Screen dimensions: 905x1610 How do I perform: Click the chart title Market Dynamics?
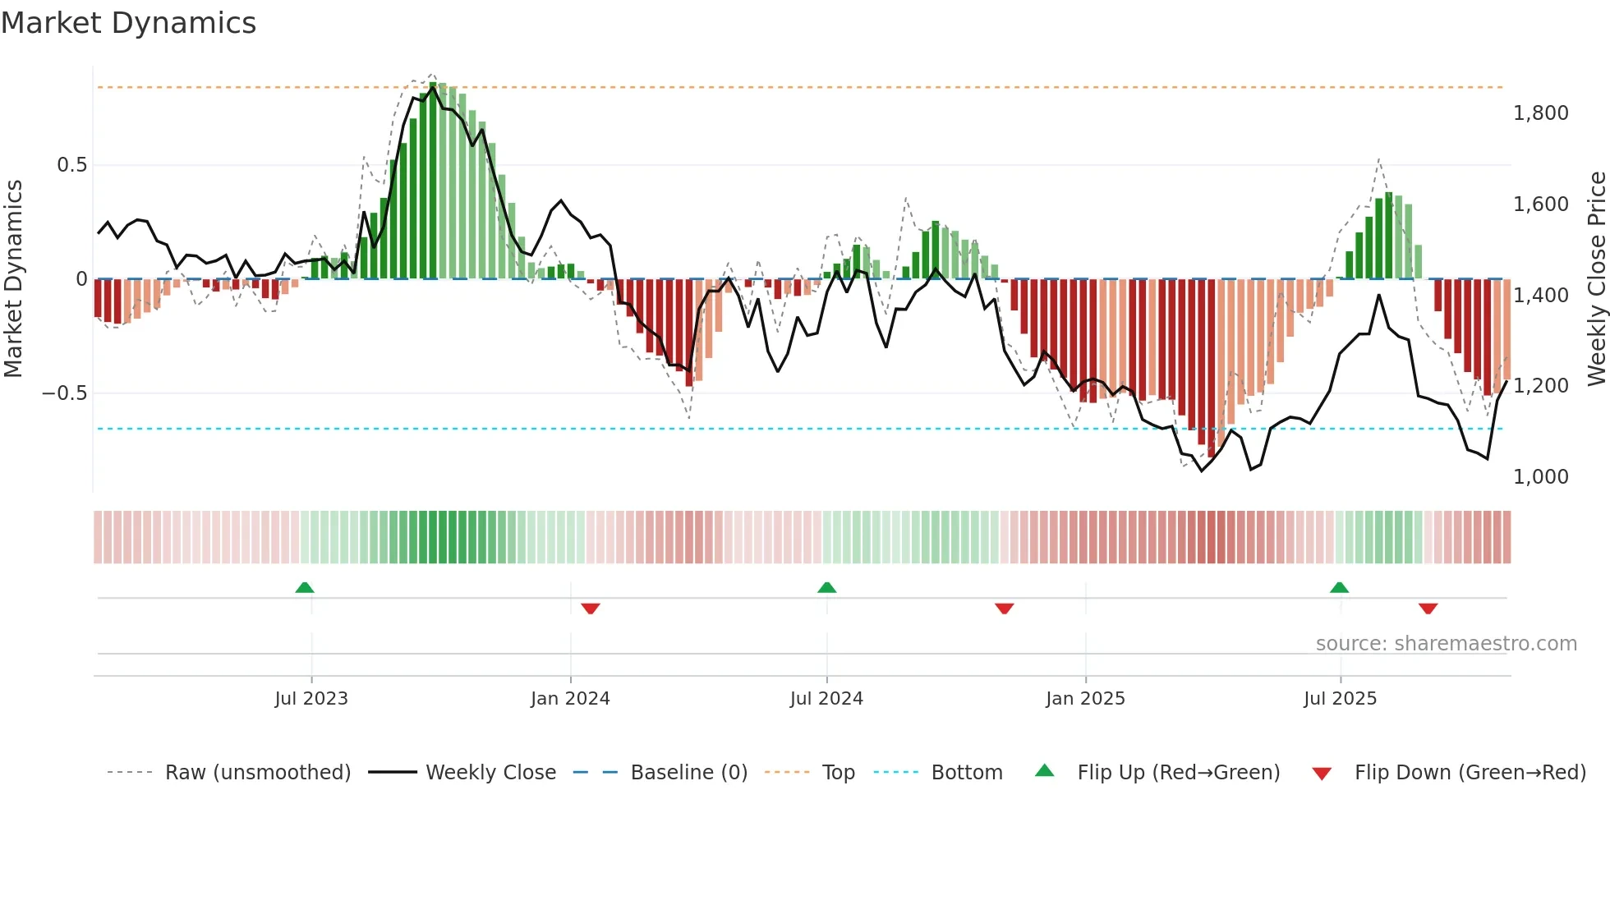pyautogui.click(x=128, y=23)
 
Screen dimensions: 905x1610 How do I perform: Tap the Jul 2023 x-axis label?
pyautogui.click(x=311, y=699)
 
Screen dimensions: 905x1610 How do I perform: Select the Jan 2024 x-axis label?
pyautogui.click(x=570, y=699)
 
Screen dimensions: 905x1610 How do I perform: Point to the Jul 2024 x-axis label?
pyautogui.click(x=826, y=699)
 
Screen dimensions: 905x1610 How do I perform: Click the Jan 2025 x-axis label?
pyautogui.click(x=1085, y=699)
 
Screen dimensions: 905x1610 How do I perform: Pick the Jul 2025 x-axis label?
pyautogui.click(x=1340, y=699)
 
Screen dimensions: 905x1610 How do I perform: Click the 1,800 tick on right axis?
pyautogui.click(x=1540, y=113)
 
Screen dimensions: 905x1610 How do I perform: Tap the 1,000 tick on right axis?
pyautogui.click(x=1540, y=477)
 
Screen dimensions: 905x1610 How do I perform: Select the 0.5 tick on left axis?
pyautogui.click(x=71, y=165)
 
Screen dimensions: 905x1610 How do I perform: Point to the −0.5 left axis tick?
pyautogui.click(x=65, y=393)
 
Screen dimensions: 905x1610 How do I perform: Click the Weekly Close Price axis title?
pyautogui.click(x=1596, y=278)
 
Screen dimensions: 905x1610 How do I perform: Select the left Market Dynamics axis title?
pyautogui.click(x=13, y=278)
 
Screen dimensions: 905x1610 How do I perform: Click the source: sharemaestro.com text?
pyautogui.click(x=1446, y=644)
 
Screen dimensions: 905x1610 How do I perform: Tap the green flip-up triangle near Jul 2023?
pyautogui.click(x=305, y=588)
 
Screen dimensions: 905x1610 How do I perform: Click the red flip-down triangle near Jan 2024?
pyautogui.click(x=591, y=609)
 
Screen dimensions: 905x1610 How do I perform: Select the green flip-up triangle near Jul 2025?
pyautogui.click(x=1339, y=588)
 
